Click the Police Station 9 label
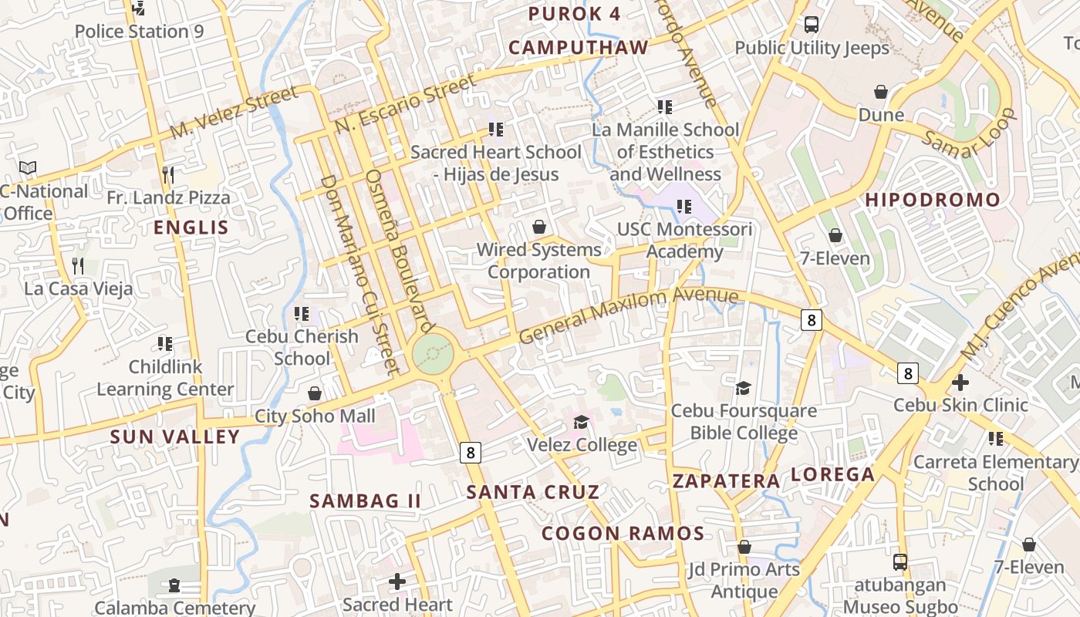coord(139,32)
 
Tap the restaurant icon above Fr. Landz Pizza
coord(168,174)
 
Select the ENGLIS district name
coord(191,228)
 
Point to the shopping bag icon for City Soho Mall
coord(314,394)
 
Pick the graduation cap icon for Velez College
coord(581,422)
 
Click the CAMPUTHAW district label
coord(579,48)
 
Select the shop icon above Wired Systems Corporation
coord(539,227)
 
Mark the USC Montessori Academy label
coord(684,241)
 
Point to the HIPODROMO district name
coord(932,200)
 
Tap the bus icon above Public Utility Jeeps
coord(811,25)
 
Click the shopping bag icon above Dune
coord(881,93)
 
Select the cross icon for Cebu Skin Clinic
coord(960,383)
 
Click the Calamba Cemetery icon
coord(174,585)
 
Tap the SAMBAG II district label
coord(365,501)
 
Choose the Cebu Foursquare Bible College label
coord(744,422)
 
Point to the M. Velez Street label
coord(233,113)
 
